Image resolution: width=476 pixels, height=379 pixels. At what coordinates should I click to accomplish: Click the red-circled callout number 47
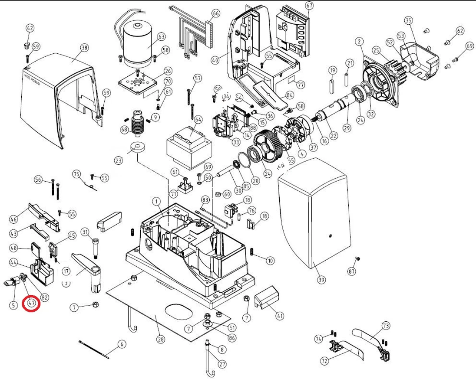(x=32, y=304)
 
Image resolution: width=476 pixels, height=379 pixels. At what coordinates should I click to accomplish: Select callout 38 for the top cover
(x=84, y=48)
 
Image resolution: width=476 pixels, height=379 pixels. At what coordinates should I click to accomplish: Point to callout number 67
(x=309, y=6)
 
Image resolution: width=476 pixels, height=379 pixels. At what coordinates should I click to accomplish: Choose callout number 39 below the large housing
(x=321, y=280)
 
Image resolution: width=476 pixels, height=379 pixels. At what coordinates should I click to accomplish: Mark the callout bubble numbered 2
(x=359, y=41)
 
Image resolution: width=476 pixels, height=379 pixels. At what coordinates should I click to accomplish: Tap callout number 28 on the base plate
(x=161, y=340)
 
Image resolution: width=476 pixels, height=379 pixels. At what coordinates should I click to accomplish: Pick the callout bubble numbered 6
(x=121, y=344)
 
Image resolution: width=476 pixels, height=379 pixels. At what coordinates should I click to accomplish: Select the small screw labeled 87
(x=357, y=258)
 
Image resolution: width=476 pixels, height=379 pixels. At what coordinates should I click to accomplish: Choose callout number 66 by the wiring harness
(x=216, y=13)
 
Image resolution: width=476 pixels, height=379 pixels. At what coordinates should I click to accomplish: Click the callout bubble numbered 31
(x=85, y=231)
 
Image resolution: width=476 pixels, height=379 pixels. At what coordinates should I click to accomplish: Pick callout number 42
(x=30, y=28)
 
